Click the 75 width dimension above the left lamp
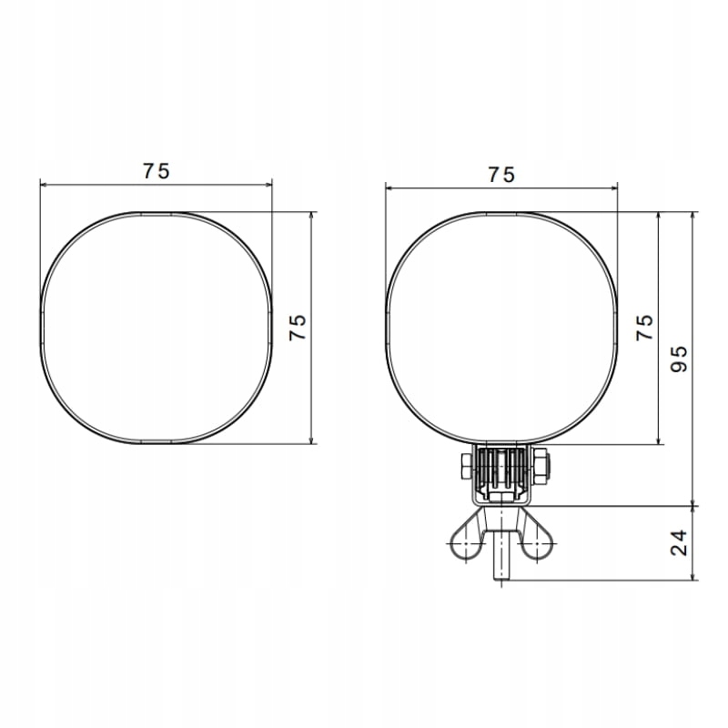pyautogui.click(x=156, y=171)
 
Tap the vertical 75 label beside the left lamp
pyautogui.click(x=298, y=328)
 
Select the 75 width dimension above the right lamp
pyautogui.click(x=501, y=175)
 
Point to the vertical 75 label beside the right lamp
pyautogui.click(x=644, y=328)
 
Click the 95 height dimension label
pyautogui.click(x=679, y=359)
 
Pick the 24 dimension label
pyautogui.click(x=679, y=542)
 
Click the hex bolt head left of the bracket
pyautogui.click(x=467, y=467)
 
